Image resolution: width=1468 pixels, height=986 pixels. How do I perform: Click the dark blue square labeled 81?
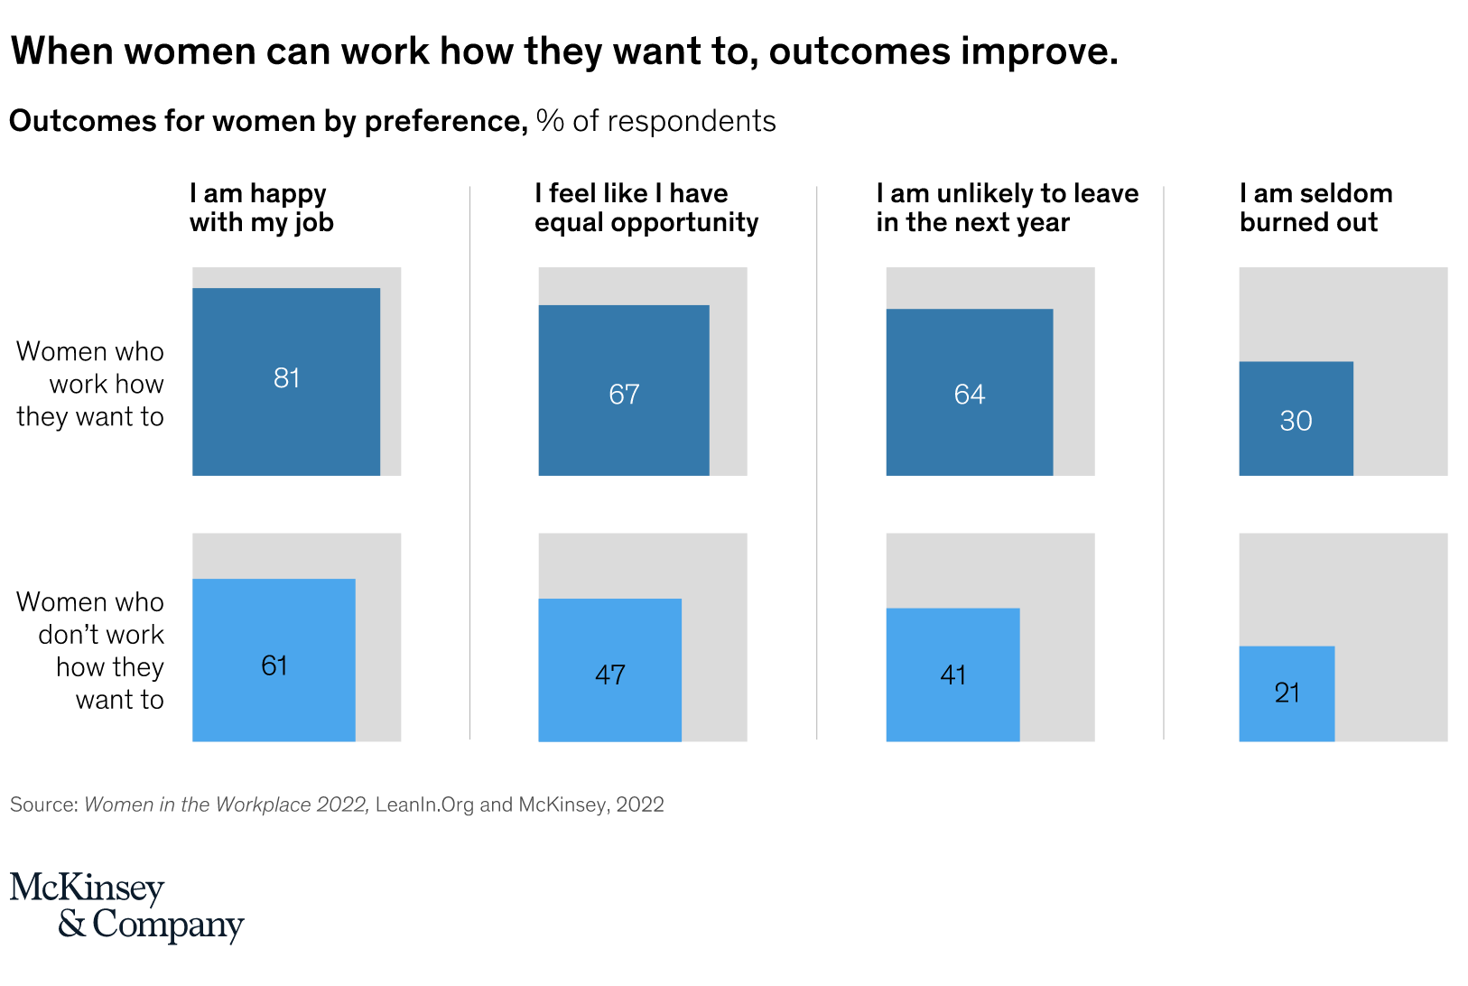point(286,382)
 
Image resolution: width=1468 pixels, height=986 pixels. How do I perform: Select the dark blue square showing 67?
point(624,390)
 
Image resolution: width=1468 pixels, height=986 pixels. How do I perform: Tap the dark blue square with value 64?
point(970,392)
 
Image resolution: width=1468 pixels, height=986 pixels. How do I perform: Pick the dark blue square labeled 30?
point(1296,418)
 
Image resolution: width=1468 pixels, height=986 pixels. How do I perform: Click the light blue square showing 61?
point(274,660)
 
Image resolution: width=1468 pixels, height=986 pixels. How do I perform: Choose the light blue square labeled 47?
point(610,670)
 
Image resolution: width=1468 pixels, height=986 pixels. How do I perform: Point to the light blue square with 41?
point(952,674)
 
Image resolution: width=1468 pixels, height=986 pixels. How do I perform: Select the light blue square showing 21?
point(1287,693)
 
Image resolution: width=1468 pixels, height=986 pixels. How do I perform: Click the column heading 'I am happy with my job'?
point(262,208)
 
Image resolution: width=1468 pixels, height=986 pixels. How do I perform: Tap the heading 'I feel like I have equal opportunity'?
point(646,208)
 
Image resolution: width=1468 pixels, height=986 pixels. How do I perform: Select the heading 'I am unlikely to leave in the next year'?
point(1008,208)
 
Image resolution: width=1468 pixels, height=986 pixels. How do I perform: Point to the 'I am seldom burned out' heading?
point(1316,208)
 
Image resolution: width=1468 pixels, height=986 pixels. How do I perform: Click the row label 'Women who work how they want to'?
point(90,384)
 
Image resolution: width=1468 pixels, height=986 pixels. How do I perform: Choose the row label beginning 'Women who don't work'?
point(90,651)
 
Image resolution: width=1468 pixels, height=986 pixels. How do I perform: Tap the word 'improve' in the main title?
point(1035,51)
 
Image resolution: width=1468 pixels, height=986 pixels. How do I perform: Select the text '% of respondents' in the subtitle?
point(656,121)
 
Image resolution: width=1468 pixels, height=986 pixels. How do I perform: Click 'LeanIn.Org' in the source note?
point(424,805)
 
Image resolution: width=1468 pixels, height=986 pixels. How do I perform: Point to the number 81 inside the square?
point(286,378)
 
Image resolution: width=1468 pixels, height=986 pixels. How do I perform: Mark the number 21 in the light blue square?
point(1287,693)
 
